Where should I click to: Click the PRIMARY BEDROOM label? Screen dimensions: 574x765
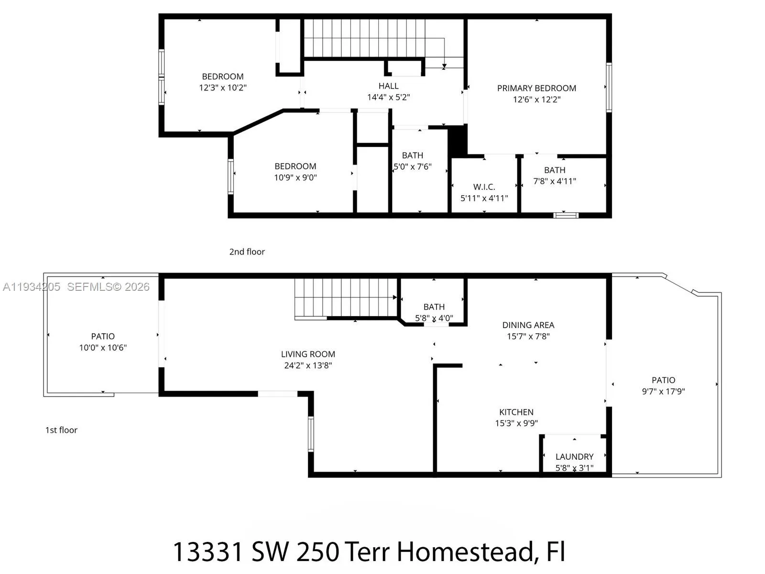click(x=536, y=88)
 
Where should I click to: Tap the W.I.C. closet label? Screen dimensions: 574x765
click(x=484, y=187)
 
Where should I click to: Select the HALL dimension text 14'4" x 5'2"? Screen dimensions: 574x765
click(x=388, y=98)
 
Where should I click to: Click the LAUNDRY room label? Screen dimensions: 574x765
click(x=574, y=457)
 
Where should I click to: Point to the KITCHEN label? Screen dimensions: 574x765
click(x=516, y=412)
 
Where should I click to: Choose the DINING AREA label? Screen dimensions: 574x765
click(x=528, y=325)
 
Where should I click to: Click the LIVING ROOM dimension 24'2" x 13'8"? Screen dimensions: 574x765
click(x=308, y=365)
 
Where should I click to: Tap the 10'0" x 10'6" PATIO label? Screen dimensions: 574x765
click(x=103, y=342)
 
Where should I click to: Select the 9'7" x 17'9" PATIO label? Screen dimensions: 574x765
click(x=663, y=386)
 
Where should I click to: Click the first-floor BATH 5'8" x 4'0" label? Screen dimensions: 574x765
click(x=434, y=312)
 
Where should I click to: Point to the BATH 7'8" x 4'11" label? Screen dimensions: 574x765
click(x=555, y=176)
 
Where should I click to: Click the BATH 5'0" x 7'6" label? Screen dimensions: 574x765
click(x=412, y=161)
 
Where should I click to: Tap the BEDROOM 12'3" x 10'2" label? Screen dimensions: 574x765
click(x=223, y=82)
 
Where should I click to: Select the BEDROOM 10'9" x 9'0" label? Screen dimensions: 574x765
click(x=295, y=172)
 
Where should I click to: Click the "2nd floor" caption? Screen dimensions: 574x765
click(x=247, y=252)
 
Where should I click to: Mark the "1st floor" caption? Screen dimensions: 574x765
click(x=61, y=430)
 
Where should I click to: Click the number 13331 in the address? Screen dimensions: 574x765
click(x=208, y=552)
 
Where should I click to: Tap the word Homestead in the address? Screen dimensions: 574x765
click(x=465, y=552)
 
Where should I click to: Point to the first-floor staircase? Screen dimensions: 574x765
click(x=345, y=298)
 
